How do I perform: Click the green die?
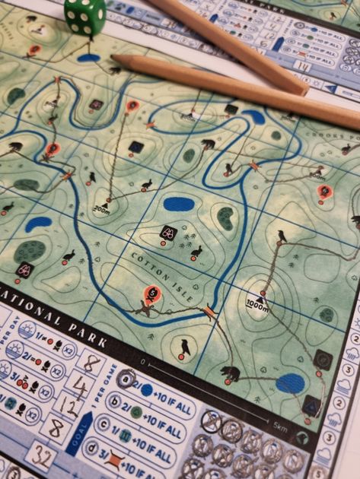coord(85,16)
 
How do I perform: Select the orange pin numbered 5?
coord(152,293)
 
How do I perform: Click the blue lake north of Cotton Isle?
coord(179,204)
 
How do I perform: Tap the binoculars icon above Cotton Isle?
coord(169,234)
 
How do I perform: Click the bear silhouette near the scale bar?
coord(230,373)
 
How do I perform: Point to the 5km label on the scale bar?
coord(279,428)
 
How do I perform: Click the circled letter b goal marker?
coord(116,401)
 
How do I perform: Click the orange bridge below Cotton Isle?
coord(209,312)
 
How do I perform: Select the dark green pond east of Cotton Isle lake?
coord(226,219)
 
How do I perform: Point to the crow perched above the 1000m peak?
coord(282,236)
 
